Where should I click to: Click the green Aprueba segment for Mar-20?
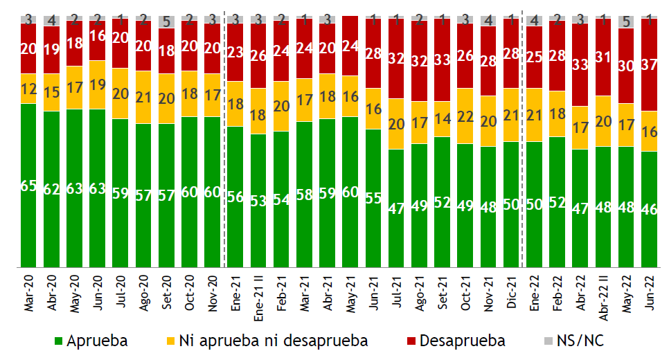pos(28,208)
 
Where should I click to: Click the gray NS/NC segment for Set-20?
pos(166,21)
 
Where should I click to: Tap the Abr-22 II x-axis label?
pos(603,298)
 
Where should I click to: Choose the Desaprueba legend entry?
pos(457,341)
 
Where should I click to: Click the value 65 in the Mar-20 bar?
pos(28,185)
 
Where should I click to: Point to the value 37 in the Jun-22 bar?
pos(649,64)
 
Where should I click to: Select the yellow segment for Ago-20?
pos(143,97)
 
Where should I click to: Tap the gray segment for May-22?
pos(626,21)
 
